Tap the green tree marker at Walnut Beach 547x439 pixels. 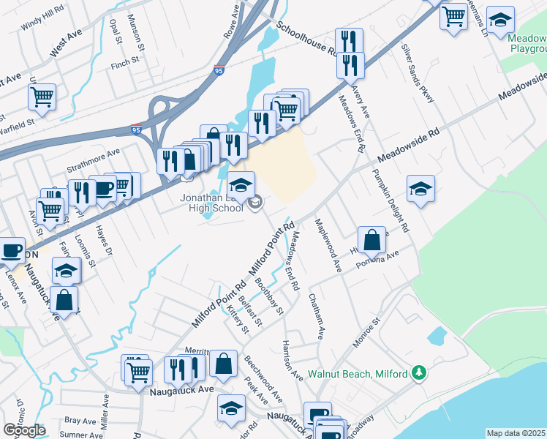tap(419, 373)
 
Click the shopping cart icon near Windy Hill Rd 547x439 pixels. tap(42, 96)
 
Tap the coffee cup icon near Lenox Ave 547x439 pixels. tap(11, 251)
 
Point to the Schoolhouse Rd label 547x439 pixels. tap(305, 40)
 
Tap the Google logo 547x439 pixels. tap(24, 430)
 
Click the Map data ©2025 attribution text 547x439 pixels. tap(516, 433)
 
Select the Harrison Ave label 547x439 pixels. tap(293, 360)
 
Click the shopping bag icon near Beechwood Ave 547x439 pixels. tap(223, 362)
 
